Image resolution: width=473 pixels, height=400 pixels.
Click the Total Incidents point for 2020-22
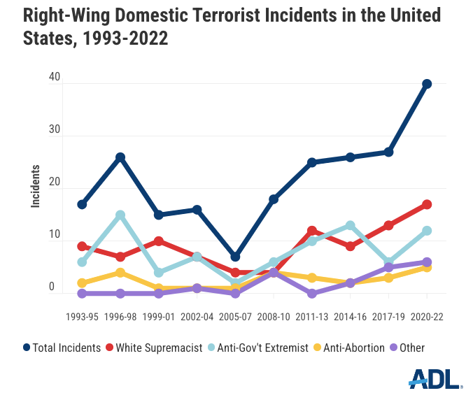[x=427, y=84]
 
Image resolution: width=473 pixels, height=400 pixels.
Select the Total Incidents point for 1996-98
[x=120, y=157]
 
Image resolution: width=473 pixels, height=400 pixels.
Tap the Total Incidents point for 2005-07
[x=235, y=257]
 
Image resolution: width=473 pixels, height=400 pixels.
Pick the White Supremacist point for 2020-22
[x=427, y=204]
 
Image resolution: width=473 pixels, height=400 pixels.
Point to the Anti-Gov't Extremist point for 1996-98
[x=120, y=215]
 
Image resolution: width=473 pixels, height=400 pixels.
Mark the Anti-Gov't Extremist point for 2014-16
[x=350, y=225]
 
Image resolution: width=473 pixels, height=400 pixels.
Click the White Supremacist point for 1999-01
[x=159, y=241]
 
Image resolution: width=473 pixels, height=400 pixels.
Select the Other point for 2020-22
[x=427, y=262]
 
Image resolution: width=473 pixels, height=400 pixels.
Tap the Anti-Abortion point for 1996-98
[x=120, y=273]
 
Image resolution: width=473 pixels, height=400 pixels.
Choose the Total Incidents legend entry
[x=62, y=348]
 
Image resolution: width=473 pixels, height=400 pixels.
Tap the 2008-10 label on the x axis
[x=274, y=317]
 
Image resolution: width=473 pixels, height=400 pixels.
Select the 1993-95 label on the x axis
[x=82, y=317]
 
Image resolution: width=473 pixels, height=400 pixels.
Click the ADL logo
[x=435, y=380]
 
